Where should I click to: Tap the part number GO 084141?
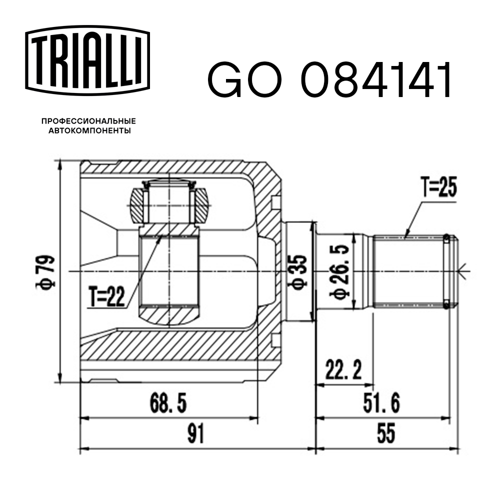tap(329, 80)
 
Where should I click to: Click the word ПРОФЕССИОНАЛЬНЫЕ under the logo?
tap(88, 121)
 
